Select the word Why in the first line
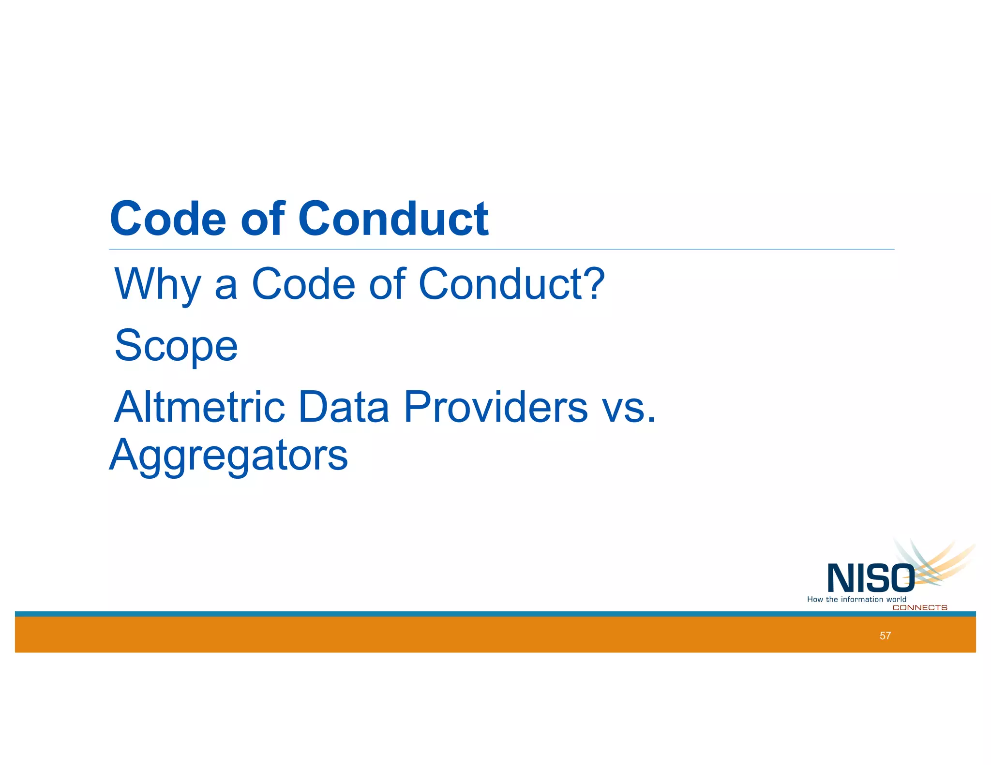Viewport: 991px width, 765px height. [157, 284]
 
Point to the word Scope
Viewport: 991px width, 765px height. [176, 346]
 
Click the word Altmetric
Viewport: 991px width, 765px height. [199, 407]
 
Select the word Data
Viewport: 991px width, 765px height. [344, 407]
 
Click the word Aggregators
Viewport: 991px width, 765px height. [228, 456]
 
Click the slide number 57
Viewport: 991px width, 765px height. [885, 636]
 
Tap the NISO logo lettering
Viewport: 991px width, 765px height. [870, 578]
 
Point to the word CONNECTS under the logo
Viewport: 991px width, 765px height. [919, 608]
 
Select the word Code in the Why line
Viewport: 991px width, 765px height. [303, 284]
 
